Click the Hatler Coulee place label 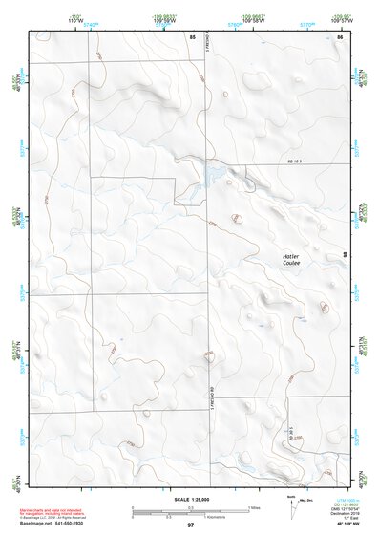291,261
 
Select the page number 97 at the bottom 191,525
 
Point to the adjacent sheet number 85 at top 192,35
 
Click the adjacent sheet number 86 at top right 339,35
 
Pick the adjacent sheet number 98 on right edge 344,254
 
